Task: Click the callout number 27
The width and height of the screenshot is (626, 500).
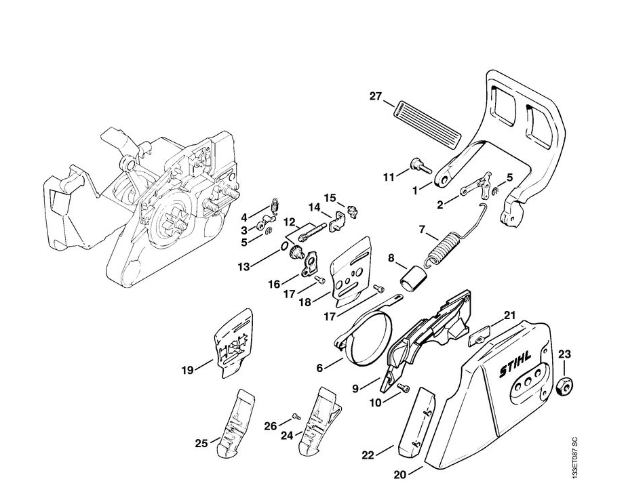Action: pyautogui.click(x=376, y=96)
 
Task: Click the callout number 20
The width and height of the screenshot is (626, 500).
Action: pyautogui.click(x=400, y=475)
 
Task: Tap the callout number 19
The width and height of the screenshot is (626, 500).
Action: pyautogui.click(x=187, y=369)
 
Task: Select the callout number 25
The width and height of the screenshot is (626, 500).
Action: pyautogui.click(x=201, y=444)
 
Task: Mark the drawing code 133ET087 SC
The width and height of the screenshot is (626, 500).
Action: pyautogui.click(x=574, y=457)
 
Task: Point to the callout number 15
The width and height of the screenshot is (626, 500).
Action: pyautogui.click(x=330, y=198)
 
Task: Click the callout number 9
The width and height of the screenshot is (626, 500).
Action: pyautogui.click(x=355, y=388)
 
